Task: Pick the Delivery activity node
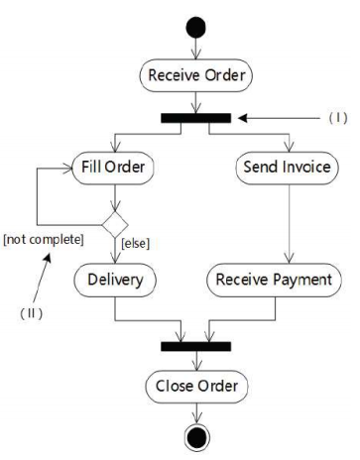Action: coord(115,280)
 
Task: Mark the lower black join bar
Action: coord(195,346)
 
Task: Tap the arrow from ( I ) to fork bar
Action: coord(278,118)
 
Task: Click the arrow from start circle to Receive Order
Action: coord(195,46)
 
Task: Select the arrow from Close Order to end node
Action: coord(195,411)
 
